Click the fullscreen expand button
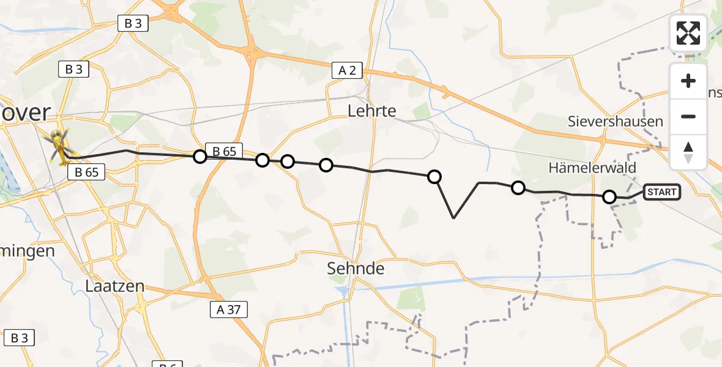pyautogui.click(x=688, y=33)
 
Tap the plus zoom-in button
pyautogui.click(x=688, y=81)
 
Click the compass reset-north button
pyautogui.click(x=688, y=152)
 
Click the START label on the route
pyautogui.click(x=661, y=192)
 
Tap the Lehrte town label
pyautogui.click(x=371, y=111)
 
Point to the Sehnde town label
pyautogui.click(x=355, y=268)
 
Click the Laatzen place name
pyautogui.click(x=114, y=286)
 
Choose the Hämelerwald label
pyautogui.click(x=592, y=168)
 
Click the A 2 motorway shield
pyautogui.click(x=347, y=70)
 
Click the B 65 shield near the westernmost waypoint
pyautogui.click(x=224, y=150)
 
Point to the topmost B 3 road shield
pyautogui.click(x=133, y=24)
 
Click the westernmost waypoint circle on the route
pyautogui.click(x=199, y=157)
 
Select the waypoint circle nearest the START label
pyautogui.click(x=609, y=196)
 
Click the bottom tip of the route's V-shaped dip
pyautogui.click(x=453, y=218)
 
